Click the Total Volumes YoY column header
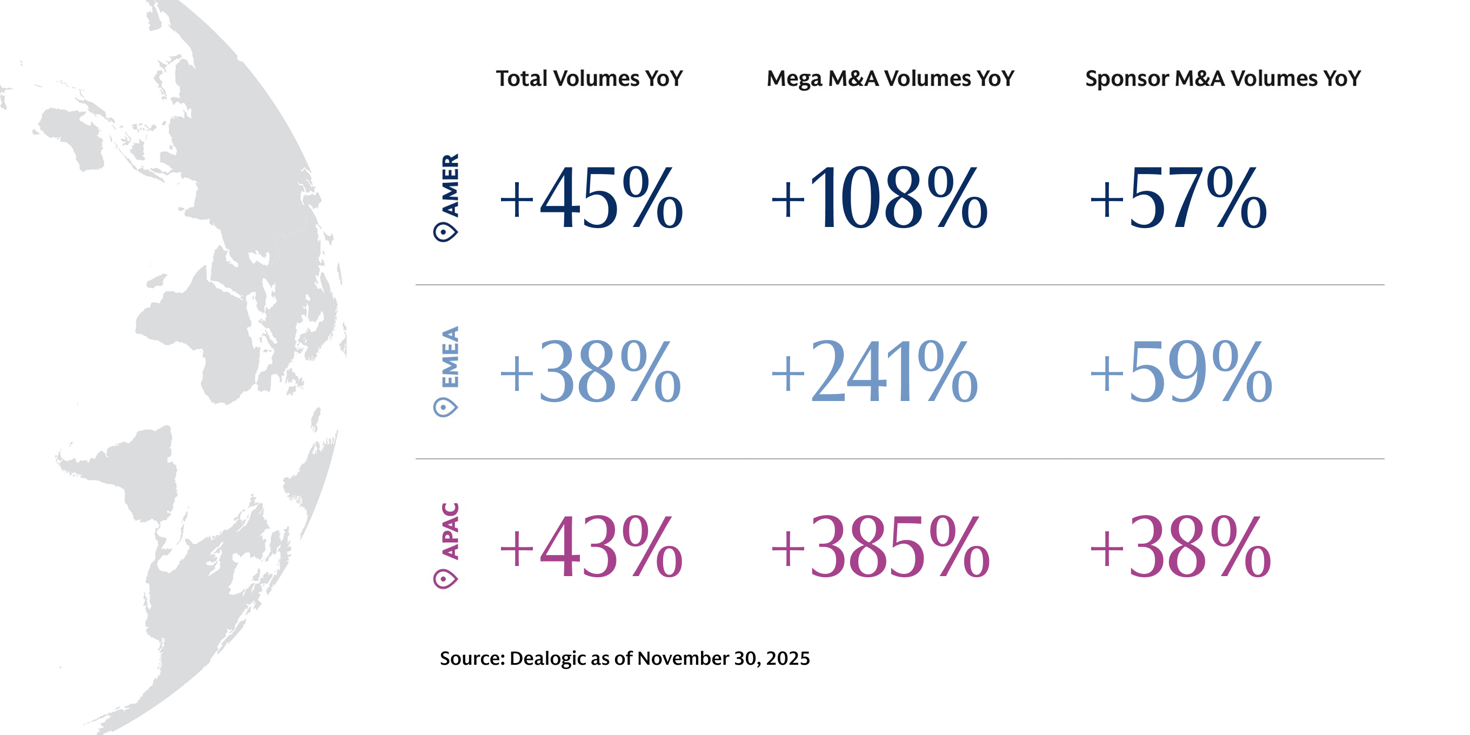589,79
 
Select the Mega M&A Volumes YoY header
890,79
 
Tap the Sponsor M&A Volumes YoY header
1222,79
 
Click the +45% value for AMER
591,198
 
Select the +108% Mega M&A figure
879,198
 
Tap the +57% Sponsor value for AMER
1178,198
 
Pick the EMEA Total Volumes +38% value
590,371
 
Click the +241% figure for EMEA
874,371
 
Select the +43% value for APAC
591,547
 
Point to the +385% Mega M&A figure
879,547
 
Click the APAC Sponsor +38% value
1180,547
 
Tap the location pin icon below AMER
445,232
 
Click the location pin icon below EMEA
445,407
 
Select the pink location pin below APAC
445,579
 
